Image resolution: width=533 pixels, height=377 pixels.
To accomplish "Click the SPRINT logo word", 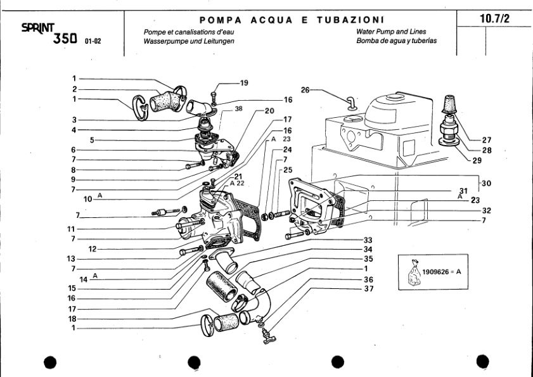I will tap(38, 28).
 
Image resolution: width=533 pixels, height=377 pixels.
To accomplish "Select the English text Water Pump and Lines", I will tap(390, 32).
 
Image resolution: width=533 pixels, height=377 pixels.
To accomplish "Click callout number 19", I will tap(244, 82).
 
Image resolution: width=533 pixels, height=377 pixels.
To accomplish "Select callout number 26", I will tap(305, 90).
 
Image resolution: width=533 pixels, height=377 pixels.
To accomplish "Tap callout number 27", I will tap(487, 140).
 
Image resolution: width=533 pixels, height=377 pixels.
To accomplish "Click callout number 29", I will tap(477, 160).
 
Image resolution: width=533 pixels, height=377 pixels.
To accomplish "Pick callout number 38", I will tap(238, 108).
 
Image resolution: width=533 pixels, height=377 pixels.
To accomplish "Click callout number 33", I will tap(368, 240).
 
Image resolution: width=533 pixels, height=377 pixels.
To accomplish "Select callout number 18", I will tap(72, 319).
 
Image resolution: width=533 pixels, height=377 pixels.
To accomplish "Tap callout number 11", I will tap(72, 229).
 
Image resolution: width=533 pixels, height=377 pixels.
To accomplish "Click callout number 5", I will tap(92, 140).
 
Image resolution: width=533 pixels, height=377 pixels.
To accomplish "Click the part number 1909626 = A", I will tap(442, 271).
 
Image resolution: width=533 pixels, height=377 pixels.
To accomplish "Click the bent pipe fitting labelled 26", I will tap(350, 102).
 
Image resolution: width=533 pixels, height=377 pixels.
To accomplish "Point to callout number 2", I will tap(74, 89).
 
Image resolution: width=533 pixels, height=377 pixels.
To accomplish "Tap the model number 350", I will tap(66, 39).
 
